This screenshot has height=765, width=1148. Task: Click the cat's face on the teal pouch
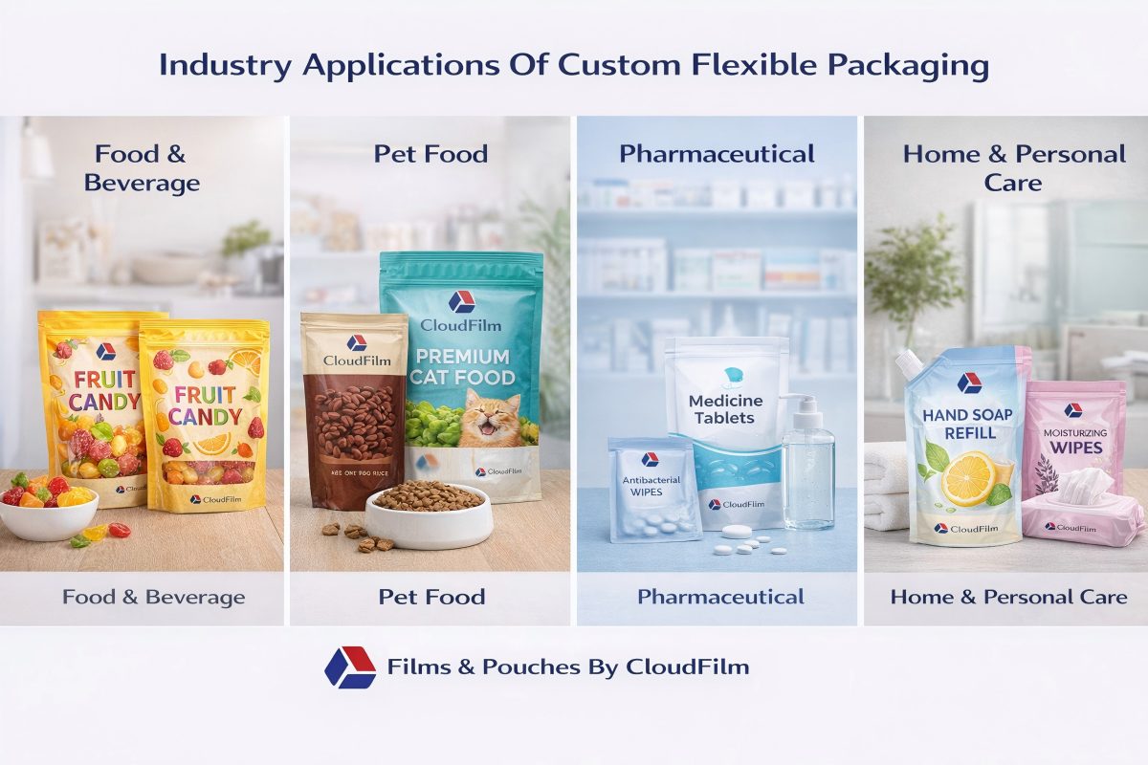coord(490,422)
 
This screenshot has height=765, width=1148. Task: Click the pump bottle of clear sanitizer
coord(807,469)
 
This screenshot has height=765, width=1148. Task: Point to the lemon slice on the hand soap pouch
coord(968,478)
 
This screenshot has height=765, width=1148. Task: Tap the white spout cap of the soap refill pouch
coord(908,364)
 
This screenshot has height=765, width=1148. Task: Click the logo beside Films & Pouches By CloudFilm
coord(349,667)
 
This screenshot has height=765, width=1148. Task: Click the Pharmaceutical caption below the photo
coord(720,598)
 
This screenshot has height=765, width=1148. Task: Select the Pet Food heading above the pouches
coord(431,154)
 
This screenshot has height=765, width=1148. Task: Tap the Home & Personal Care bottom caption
coord(1008,598)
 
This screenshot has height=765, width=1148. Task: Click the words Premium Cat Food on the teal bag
coord(462,366)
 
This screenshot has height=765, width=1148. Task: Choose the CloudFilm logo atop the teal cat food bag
coord(461,300)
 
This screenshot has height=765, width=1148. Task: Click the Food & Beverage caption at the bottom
coord(153,598)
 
